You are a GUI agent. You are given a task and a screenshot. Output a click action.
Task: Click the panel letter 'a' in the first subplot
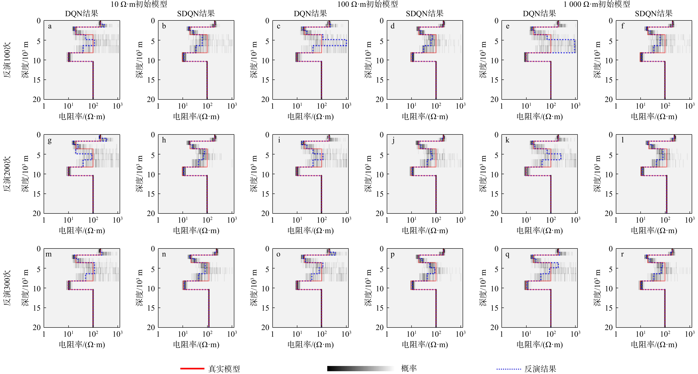pos(50,26)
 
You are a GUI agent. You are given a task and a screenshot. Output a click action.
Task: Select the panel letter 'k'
pos(507,140)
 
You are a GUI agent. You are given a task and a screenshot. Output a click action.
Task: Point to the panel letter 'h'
pos(164,140)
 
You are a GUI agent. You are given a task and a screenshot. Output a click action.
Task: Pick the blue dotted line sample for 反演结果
pos(509,369)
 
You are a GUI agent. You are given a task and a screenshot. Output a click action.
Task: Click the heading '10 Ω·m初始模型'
pos(139,4)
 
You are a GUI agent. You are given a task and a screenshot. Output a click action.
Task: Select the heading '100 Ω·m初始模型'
pos(367,4)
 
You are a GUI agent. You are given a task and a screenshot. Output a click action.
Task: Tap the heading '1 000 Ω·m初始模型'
pos(597,4)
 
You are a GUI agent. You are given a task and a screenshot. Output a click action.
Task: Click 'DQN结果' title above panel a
pos(82,14)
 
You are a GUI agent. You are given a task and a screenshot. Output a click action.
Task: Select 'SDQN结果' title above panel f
pos(654,14)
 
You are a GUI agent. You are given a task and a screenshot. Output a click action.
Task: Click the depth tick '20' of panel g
pos(37,213)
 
